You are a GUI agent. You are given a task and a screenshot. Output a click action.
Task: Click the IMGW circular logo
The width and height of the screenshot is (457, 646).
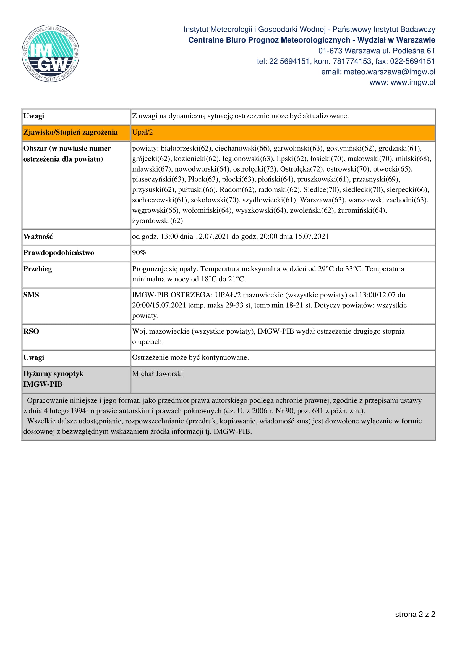(50, 54)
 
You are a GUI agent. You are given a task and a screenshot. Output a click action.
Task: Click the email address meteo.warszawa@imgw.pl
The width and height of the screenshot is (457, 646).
(390, 72)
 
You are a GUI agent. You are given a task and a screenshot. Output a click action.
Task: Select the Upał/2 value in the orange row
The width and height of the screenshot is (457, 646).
(142, 132)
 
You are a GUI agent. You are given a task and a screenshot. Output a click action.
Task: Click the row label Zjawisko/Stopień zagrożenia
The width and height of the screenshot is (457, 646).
(70, 132)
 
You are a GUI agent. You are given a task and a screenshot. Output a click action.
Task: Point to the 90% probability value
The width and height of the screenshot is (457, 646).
(139, 252)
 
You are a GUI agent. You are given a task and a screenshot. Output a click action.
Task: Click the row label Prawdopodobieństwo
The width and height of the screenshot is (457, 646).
(59, 253)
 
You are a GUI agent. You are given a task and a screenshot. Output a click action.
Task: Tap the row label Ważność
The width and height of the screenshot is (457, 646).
(38, 236)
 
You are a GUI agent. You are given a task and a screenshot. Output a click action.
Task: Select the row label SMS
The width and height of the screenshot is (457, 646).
(31, 295)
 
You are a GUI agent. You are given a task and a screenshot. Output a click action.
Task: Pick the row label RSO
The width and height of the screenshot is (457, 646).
(31, 331)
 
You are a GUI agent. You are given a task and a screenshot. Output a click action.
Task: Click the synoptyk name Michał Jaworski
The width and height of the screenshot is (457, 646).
(157, 374)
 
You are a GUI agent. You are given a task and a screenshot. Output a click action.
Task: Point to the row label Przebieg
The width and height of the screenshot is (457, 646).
(38, 269)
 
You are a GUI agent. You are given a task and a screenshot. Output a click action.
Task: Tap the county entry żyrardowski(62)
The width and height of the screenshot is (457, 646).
(157, 221)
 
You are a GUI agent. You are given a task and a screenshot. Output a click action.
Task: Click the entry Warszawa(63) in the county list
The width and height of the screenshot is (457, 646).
(322, 200)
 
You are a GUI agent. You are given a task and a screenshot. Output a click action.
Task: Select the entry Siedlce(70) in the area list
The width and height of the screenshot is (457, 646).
(321, 190)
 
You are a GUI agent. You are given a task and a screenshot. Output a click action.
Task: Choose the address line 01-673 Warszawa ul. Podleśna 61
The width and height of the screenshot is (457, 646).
(377, 51)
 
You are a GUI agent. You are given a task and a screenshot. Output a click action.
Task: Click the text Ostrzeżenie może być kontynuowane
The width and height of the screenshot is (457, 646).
(190, 357)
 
